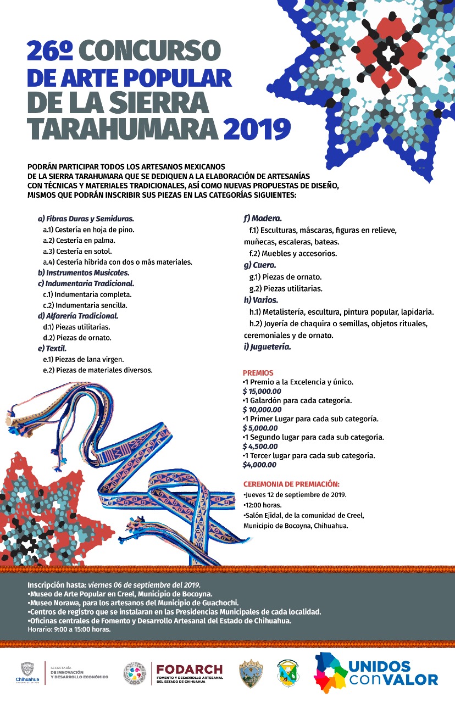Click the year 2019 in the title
(257, 129)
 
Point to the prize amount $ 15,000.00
(262, 391)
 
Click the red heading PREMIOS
(258, 372)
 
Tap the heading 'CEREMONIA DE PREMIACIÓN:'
(291, 484)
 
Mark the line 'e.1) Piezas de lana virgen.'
(84, 359)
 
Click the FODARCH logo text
(190, 669)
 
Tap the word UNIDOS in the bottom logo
(379, 666)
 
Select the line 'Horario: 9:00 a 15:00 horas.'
(69, 629)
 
